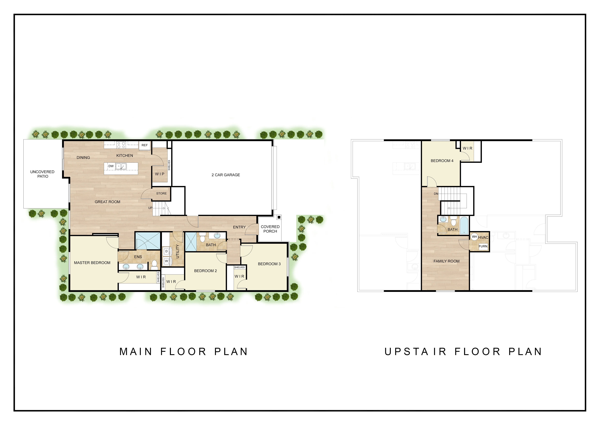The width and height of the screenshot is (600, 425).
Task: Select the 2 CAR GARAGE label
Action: (x=226, y=175)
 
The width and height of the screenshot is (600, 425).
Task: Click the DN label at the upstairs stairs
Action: (x=436, y=194)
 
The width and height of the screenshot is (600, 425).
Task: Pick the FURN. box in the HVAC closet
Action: (x=483, y=246)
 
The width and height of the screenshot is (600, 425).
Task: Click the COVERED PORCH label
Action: (x=270, y=229)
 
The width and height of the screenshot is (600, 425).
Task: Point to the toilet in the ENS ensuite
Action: (x=154, y=265)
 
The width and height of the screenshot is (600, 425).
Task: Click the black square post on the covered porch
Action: (x=279, y=217)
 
